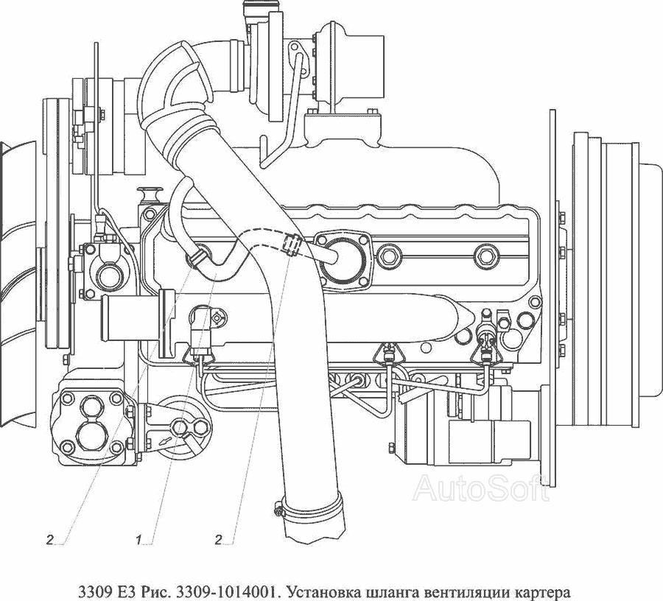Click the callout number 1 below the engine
138,540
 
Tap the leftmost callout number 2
50,540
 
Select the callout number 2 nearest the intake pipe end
218,540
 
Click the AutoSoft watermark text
481,488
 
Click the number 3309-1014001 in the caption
227,591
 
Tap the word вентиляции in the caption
460,591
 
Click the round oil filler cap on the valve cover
342,258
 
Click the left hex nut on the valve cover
387,256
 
